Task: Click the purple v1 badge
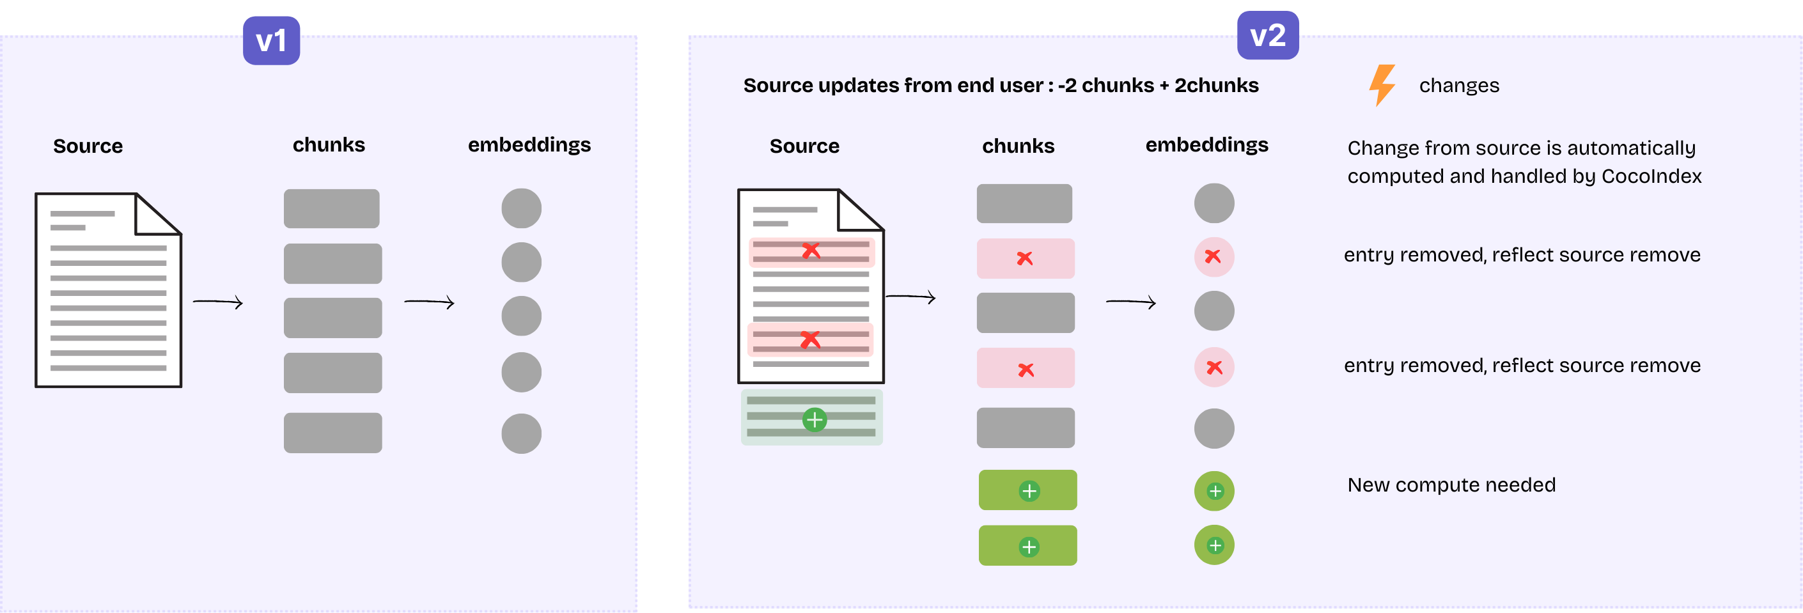coord(271,40)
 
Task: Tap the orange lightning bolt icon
coord(1382,84)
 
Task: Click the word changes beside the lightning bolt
coord(1458,86)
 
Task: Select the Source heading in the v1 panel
coord(88,146)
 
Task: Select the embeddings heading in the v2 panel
coord(1206,144)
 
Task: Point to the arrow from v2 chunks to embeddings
coord(1130,302)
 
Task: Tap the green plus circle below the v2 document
coord(814,419)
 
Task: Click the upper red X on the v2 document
coord(811,250)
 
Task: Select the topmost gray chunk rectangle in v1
coord(331,208)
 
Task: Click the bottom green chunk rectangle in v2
coord(1027,545)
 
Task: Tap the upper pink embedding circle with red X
coord(1213,257)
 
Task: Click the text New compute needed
coord(1451,485)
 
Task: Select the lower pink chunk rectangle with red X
coord(1025,368)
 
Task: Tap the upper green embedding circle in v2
coord(1214,490)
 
